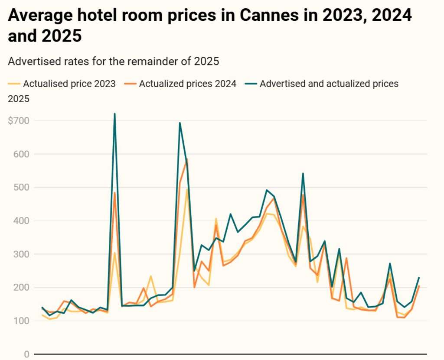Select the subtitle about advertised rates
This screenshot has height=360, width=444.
click(114, 62)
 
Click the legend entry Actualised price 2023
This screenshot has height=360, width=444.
click(69, 84)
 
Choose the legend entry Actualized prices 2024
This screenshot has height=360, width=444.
click(187, 84)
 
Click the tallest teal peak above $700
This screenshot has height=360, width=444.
click(114, 114)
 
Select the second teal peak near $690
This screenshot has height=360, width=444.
click(180, 123)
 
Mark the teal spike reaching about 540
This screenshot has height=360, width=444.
click(303, 174)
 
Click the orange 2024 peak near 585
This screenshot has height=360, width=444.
click(187, 159)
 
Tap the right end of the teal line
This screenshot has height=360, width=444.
click(419, 278)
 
